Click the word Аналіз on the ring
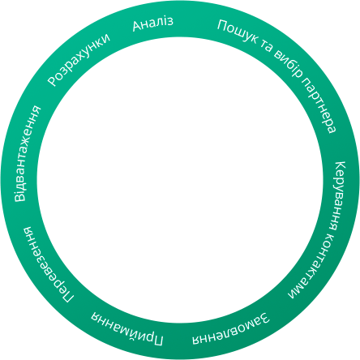click(152, 24)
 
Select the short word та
click(267, 46)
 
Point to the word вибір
click(289, 64)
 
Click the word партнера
click(319, 105)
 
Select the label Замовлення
click(231, 329)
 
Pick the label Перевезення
click(47, 264)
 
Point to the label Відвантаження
click(27, 153)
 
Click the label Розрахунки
click(79, 60)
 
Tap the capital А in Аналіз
click(137, 26)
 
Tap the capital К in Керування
click(341, 165)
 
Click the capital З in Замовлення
click(264, 318)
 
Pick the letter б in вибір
click(289, 65)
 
